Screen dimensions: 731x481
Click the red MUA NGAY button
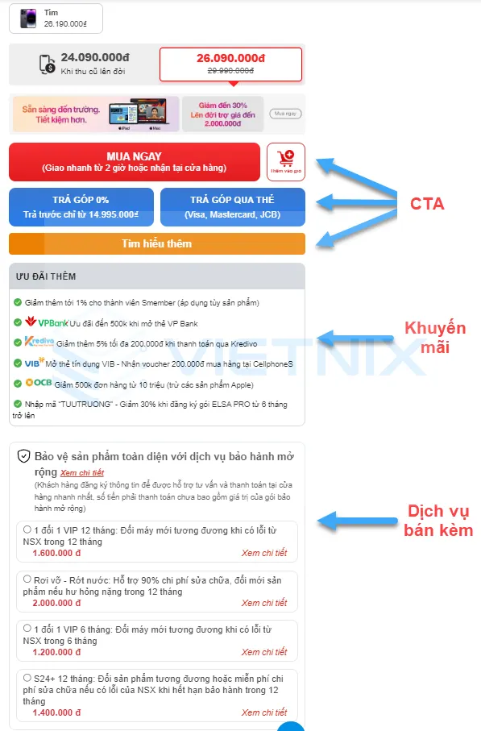134,161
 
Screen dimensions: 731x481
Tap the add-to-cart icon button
285,161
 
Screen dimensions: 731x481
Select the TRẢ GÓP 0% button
81,206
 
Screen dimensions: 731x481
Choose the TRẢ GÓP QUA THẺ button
232,206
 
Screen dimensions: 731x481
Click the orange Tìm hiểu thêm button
156,243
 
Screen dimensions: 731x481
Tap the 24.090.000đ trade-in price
94,58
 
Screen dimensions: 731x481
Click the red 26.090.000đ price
230,58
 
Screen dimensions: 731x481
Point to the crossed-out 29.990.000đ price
230,72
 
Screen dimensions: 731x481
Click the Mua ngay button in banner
285,114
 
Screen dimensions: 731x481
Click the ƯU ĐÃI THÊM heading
46,276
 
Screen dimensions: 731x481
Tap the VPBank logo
45,322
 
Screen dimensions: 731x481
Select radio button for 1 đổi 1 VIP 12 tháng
27,530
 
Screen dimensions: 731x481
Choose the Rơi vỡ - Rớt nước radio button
27,579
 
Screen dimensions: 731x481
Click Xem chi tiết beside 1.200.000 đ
263,652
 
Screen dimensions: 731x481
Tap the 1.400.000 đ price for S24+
56,712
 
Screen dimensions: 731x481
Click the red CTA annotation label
427,204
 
